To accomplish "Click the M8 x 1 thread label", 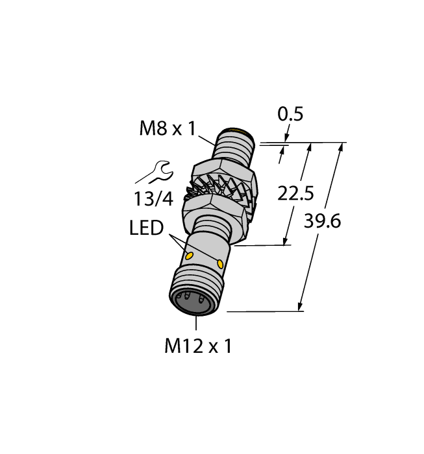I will click(167, 129).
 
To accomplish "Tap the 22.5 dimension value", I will click(296, 193).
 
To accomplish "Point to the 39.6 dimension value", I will click(323, 221).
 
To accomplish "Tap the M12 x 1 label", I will click(197, 346).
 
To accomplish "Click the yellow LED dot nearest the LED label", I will click(190, 257).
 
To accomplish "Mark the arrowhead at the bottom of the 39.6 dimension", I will click(301, 307).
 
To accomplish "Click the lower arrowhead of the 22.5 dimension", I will click(286, 241).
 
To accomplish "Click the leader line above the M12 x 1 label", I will click(194, 324).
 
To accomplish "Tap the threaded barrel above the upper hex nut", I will click(235, 151).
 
